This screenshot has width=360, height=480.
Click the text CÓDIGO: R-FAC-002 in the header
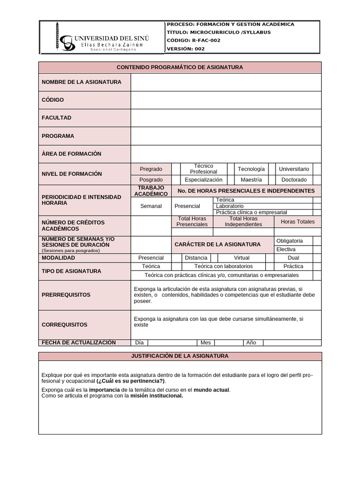[193, 40]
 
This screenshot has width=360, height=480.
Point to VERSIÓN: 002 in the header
[186, 48]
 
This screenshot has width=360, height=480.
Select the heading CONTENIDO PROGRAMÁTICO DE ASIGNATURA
[180, 67]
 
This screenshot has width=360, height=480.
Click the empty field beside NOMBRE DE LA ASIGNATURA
[226, 82]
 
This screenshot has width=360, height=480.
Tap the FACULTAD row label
[57, 118]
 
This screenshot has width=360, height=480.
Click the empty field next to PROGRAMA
[226, 136]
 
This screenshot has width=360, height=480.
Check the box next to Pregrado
[176, 169]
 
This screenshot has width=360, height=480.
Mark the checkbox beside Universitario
[317, 169]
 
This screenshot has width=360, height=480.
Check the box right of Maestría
[272, 180]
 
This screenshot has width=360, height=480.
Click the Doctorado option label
[294, 180]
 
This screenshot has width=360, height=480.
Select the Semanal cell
[151, 206]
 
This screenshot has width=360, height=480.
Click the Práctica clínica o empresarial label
[252, 212]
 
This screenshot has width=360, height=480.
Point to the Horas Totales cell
[298, 222]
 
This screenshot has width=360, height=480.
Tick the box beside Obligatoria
[317, 241]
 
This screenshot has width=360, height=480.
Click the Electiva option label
[286, 249]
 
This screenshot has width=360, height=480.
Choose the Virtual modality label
[242, 258]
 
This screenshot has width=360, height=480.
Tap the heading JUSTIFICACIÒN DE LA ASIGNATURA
[180, 356]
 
